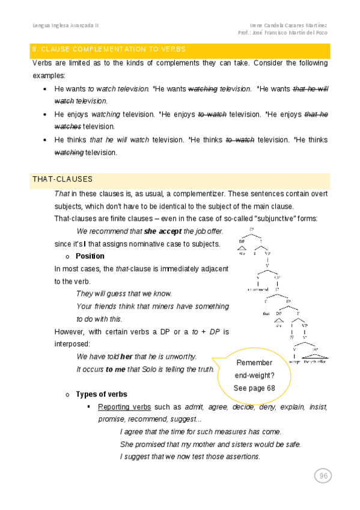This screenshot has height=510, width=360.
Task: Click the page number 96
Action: click(x=323, y=476)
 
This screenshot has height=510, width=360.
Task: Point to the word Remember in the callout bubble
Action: click(x=254, y=363)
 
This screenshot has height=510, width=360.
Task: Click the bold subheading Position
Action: click(x=90, y=256)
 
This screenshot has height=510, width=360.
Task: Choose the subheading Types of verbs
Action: click(x=101, y=395)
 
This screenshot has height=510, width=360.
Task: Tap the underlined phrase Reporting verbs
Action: click(x=124, y=407)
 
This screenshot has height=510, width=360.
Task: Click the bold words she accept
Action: click(x=163, y=231)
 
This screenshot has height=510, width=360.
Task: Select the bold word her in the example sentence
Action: click(x=126, y=356)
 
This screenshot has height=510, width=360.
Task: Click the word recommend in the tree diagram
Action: click(x=257, y=289)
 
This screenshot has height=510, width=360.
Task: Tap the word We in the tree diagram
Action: click(x=243, y=254)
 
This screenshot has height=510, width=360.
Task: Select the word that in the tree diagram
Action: click(x=265, y=313)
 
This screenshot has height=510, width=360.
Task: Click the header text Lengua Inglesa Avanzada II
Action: click(x=66, y=26)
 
